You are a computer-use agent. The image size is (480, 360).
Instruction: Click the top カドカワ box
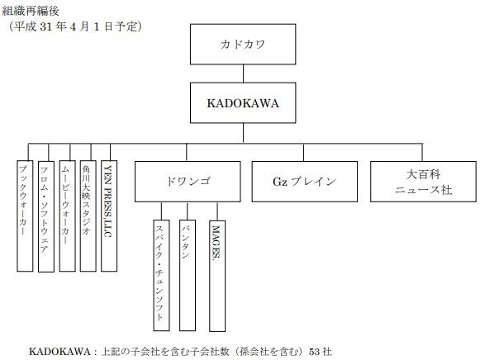(x=243, y=45)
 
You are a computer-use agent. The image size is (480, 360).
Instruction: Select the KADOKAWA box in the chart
(x=243, y=102)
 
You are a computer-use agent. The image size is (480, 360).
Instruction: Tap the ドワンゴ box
(x=188, y=182)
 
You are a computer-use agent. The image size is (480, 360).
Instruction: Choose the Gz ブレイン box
(x=305, y=182)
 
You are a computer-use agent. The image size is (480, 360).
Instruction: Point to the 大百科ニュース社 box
(x=423, y=182)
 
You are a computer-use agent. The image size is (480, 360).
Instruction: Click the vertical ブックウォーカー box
(x=25, y=216)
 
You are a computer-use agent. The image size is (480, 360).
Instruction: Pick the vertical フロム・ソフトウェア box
(x=46, y=216)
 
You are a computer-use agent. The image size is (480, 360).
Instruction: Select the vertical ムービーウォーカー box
(x=68, y=216)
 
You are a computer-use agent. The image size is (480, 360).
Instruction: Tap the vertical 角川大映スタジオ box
(x=88, y=216)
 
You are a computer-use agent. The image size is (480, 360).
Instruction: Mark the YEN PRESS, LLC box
(x=109, y=216)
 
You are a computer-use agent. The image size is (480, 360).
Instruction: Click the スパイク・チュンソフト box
(x=161, y=275)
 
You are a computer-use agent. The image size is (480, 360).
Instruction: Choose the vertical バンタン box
(x=188, y=275)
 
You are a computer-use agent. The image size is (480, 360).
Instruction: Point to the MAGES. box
(x=217, y=276)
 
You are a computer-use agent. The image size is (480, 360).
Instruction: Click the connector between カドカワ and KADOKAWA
(x=243, y=73)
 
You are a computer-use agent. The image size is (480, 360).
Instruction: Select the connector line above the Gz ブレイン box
(x=303, y=152)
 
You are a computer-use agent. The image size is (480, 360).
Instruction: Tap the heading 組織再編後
(x=31, y=11)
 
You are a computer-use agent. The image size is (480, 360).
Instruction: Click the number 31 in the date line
(x=46, y=27)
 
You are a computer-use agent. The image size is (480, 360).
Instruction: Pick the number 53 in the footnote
(x=315, y=352)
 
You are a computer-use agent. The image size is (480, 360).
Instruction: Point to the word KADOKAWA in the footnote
(x=59, y=352)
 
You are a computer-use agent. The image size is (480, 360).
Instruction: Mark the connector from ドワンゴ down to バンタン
(x=188, y=211)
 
